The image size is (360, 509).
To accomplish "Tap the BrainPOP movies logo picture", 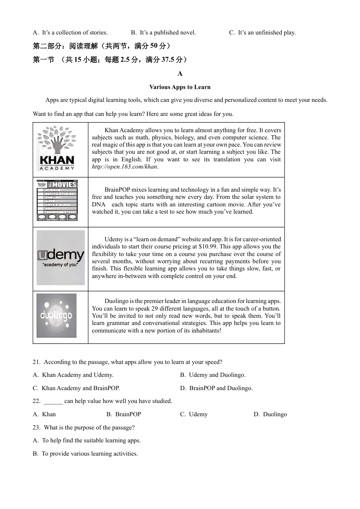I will tap(57, 200).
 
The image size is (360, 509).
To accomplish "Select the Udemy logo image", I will tap(61, 258).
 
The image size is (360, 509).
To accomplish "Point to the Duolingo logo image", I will tap(56, 315).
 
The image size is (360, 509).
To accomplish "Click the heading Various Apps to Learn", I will tap(180, 87).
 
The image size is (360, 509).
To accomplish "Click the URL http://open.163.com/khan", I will tap(125, 167).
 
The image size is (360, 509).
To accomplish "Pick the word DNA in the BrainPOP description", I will tap(99, 205).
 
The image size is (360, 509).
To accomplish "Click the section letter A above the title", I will tap(180, 74).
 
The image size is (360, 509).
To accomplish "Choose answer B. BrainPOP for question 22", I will tap(124, 414).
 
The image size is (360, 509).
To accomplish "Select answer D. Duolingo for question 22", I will tap(270, 414).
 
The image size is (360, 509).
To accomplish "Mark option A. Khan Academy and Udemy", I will tap(73, 375).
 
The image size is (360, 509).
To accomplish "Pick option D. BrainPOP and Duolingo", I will tap(216, 388).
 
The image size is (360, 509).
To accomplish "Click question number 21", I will tap(36, 362).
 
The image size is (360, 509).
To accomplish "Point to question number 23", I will tap(36, 428).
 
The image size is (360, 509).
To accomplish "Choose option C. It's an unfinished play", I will tap(262, 33).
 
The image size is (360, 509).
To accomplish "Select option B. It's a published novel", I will tap(163, 33).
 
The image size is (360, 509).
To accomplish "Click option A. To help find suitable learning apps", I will tap(87, 440).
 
